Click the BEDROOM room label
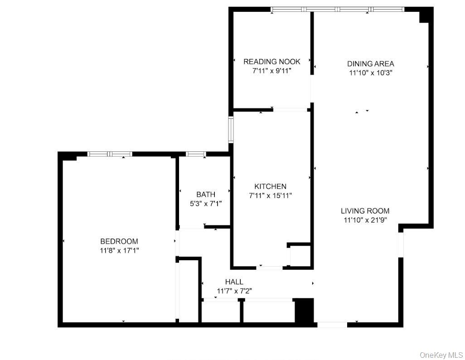119,241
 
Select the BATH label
206,195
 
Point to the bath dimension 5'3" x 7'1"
206,204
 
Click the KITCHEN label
270,186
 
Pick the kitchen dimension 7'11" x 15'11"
270,195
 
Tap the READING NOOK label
271,62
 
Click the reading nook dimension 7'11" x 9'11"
271,71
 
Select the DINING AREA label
370,63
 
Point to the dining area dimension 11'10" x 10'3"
370,73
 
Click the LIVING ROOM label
365,211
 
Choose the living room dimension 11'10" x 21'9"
365,220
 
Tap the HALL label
234,282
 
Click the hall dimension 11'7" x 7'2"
234,291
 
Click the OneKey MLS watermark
441,354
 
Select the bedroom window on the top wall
110,154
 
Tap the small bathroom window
196,154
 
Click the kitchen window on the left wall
231,129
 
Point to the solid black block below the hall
304,311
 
